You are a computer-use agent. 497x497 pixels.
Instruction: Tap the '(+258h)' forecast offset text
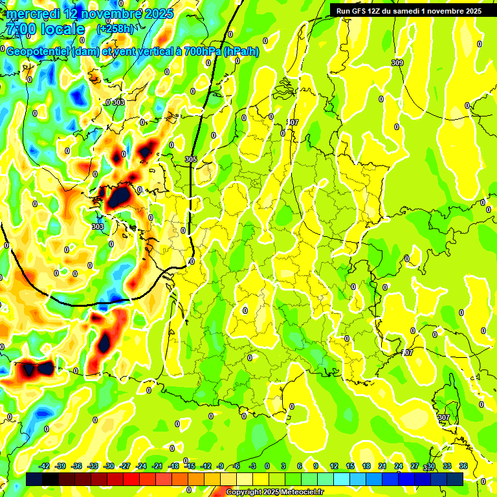tap(115, 29)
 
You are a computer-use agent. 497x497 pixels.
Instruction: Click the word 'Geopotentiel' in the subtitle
tap(39, 52)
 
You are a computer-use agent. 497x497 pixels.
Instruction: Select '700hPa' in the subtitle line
tap(201, 52)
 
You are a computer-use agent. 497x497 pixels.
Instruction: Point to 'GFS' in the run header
tap(360, 11)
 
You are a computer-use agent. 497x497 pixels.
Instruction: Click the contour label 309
tap(397, 63)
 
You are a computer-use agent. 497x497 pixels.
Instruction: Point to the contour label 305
tap(190, 159)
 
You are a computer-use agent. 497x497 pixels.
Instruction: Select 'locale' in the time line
tap(62, 29)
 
